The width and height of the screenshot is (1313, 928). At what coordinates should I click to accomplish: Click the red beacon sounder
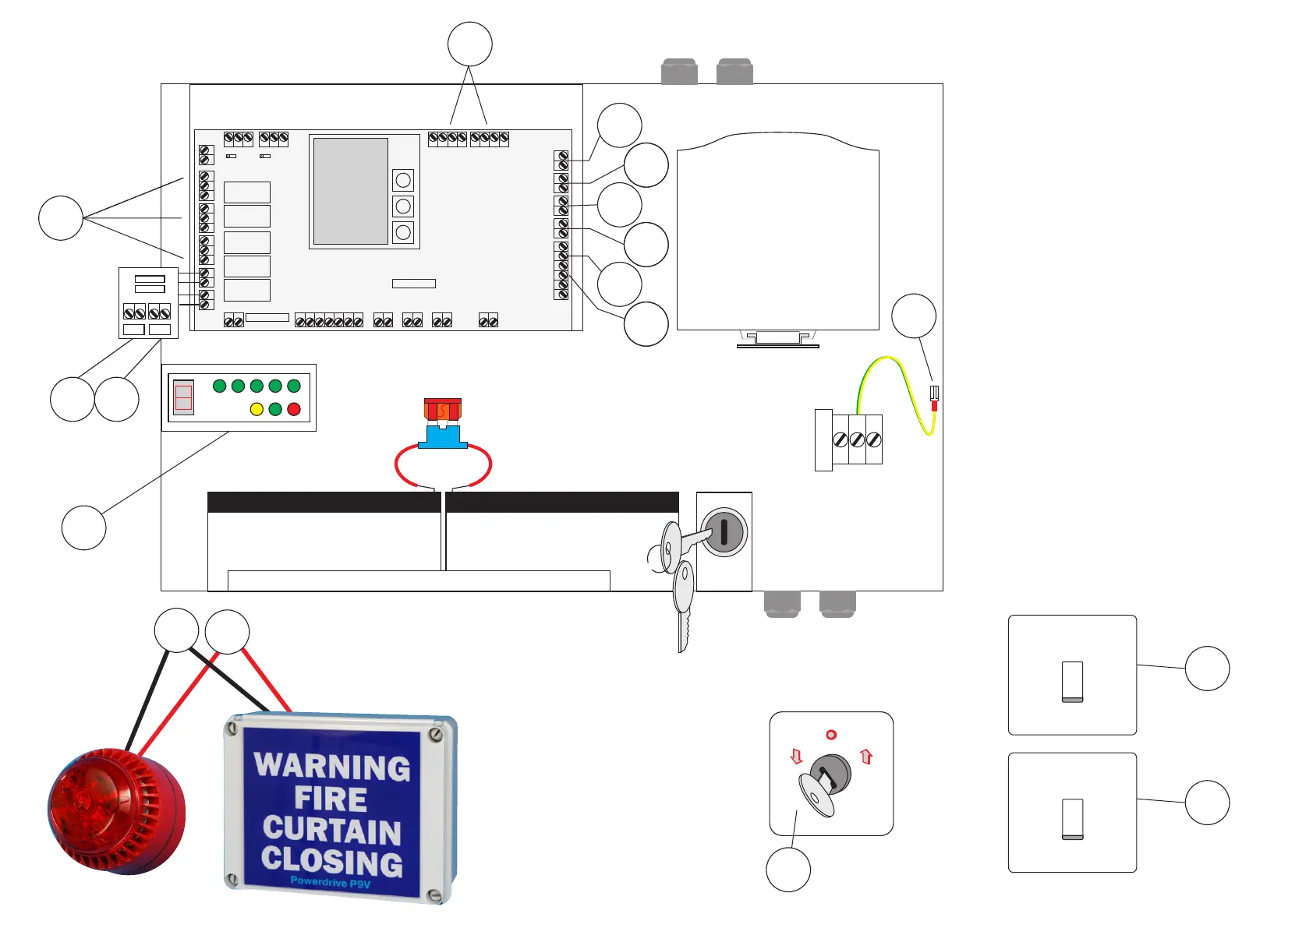click(x=117, y=810)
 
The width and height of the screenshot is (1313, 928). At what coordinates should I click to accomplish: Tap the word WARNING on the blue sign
click(x=332, y=767)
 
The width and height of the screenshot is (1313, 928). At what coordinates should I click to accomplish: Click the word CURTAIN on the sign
click(x=332, y=831)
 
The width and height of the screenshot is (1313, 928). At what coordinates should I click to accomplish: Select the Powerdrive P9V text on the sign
click(x=331, y=882)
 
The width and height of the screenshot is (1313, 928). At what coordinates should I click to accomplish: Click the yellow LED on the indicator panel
click(x=257, y=409)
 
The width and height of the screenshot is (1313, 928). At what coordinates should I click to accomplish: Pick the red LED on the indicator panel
click(x=294, y=409)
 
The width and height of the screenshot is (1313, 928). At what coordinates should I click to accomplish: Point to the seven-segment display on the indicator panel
click(x=183, y=397)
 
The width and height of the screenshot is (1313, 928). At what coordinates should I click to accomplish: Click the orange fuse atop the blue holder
click(x=442, y=409)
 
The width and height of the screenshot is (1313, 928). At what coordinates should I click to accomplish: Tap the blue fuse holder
click(x=443, y=437)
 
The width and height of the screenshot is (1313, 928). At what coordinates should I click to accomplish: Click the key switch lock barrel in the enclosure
click(x=724, y=532)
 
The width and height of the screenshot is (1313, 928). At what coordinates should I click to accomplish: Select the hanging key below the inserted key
click(x=683, y=600)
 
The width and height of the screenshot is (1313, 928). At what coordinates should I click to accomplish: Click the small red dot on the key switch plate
click(x=831, y=735)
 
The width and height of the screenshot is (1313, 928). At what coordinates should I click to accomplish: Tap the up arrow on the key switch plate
click(x=866, y=756)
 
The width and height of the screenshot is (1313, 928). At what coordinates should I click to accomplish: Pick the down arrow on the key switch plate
click(x=796, y=756)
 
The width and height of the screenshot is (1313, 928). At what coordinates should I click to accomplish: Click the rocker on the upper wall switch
click(x=1072, y=681)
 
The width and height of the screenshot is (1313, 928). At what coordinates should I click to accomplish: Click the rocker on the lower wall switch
click(x=1072, y=818)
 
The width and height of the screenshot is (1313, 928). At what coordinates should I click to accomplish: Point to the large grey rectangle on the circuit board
click(x=351, y=191)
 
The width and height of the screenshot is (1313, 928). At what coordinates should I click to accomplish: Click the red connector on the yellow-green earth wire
click(x=934, y=406)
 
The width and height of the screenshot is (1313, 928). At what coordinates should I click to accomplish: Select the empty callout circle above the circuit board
click(x=470, y=44)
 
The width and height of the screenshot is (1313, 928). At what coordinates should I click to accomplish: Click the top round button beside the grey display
click(x=403, y=181)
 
